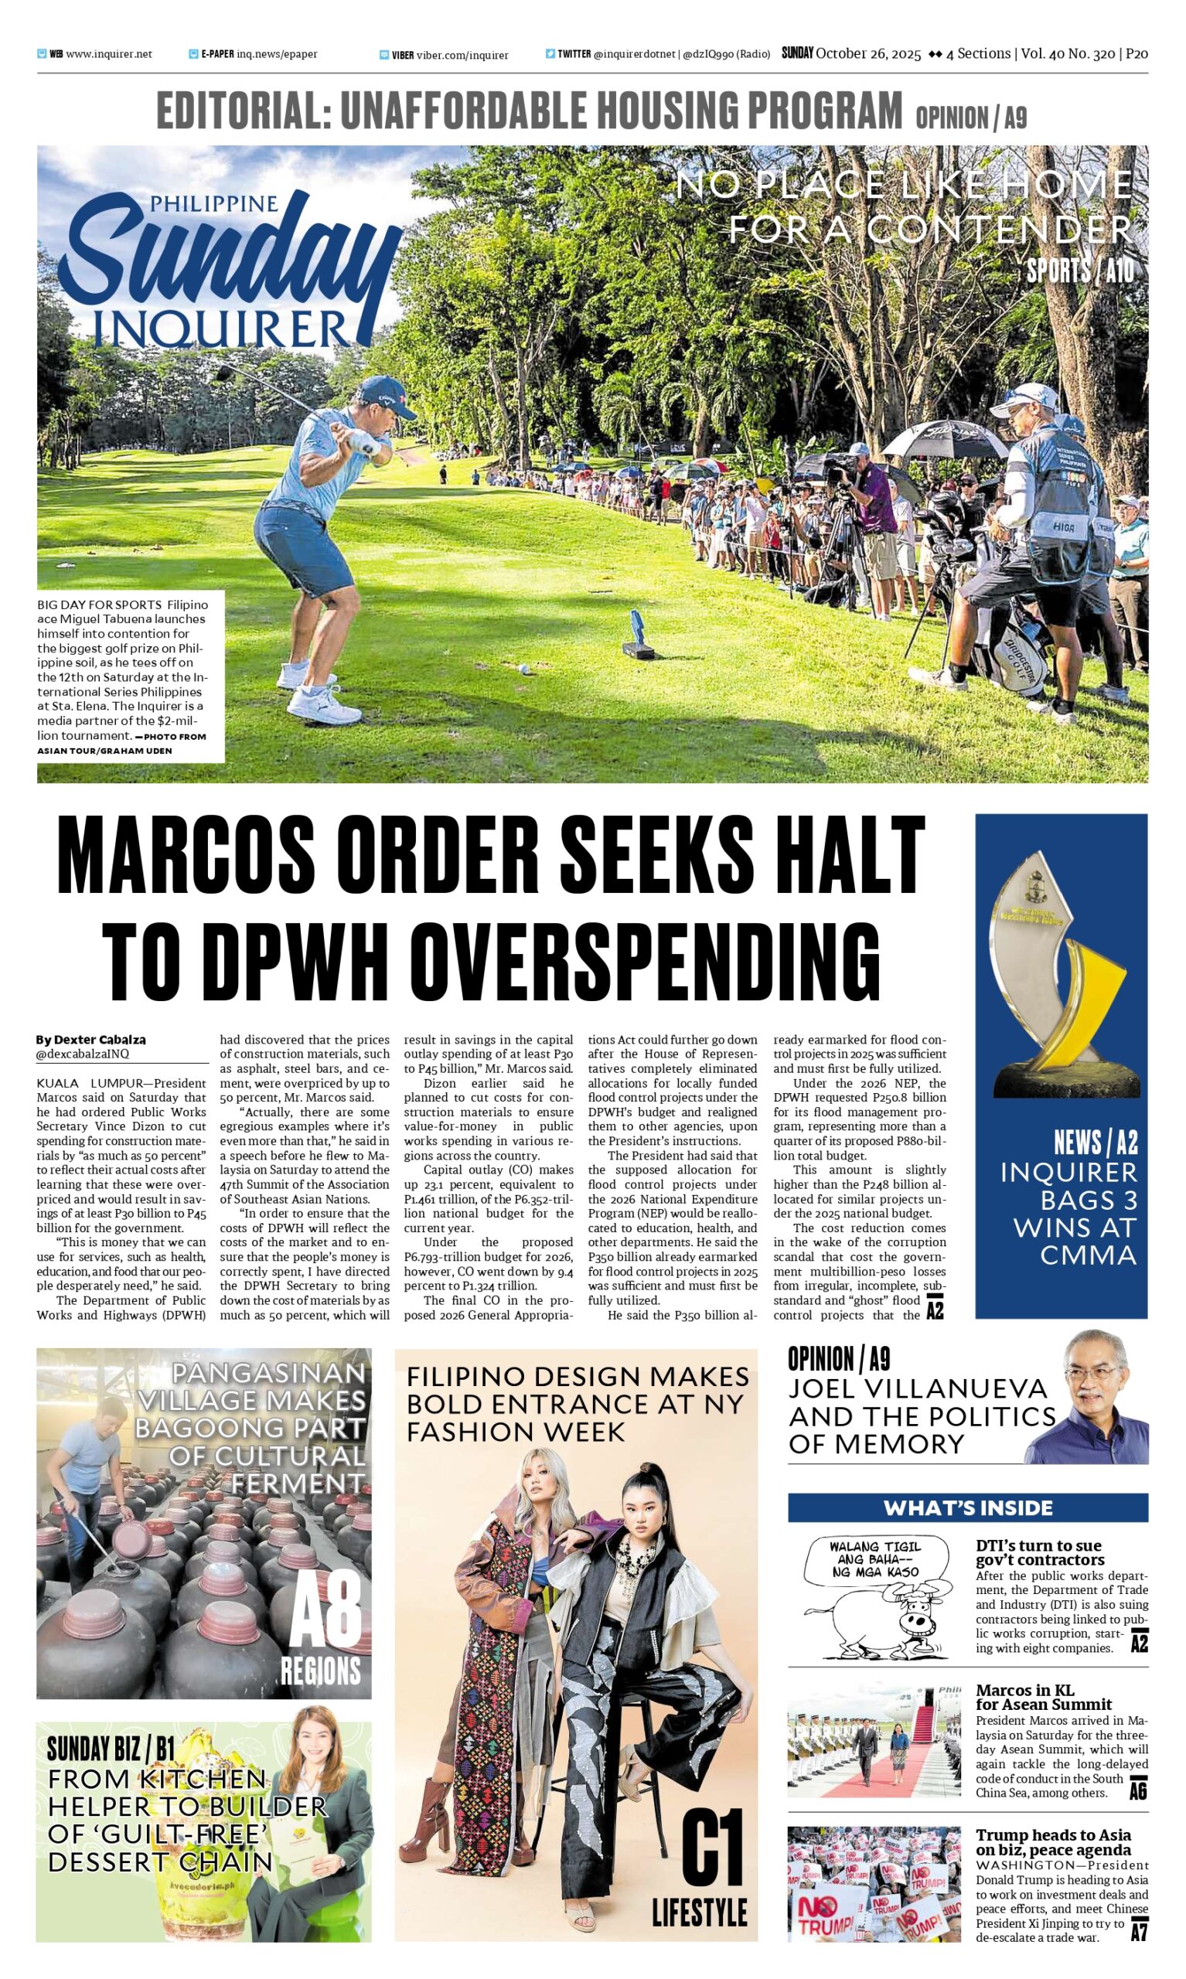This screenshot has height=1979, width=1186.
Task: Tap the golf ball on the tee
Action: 523,669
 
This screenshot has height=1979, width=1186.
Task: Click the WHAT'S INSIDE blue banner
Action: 967,1507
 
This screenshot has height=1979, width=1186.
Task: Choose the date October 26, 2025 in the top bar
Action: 868,53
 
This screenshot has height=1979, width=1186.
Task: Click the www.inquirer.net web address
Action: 109,54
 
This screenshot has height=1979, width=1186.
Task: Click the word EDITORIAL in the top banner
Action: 243,111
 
